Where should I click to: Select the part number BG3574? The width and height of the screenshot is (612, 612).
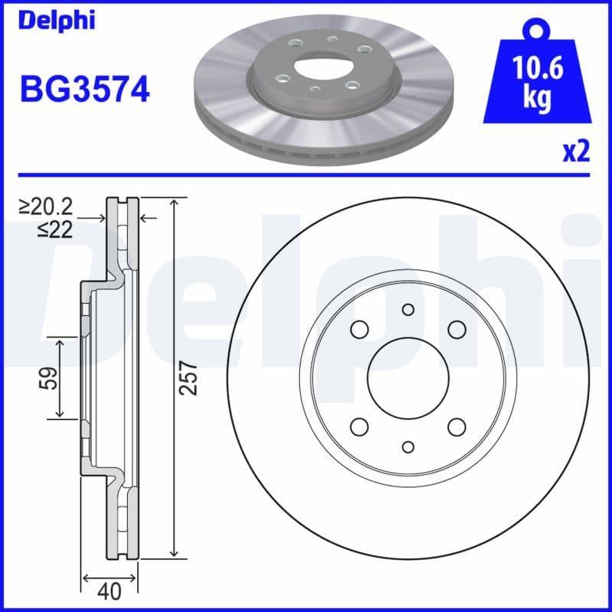click(84, 90)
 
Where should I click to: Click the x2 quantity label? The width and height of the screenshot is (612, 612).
click(576, 152)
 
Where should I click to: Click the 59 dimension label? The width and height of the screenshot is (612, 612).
click(48, 378)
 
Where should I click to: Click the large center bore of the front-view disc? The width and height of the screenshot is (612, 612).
click(407, 378)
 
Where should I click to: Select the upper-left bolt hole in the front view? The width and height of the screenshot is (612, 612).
click(359, 330)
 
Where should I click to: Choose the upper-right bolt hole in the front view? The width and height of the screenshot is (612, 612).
click(457, 330)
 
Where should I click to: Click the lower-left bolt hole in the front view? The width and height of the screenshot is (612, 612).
click(359, 427)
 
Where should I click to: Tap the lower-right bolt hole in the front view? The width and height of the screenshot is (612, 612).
click(457, 427)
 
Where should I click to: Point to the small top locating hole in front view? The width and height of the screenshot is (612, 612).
click(408, 310)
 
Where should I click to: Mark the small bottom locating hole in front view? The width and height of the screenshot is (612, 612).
click(408, 447)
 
